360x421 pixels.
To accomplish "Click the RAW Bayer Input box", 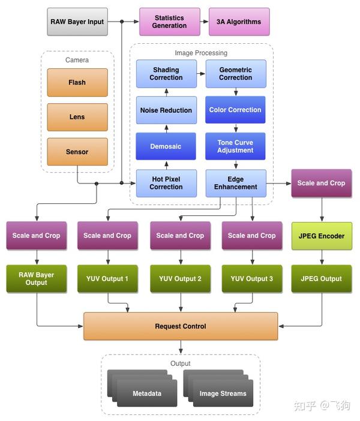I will coord(77,22).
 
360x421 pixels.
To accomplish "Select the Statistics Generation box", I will coord(169,22).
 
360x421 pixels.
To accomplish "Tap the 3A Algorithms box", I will coord(239,22).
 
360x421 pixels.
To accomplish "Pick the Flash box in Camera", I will coord(77,82).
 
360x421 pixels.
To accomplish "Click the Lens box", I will coord(77,117).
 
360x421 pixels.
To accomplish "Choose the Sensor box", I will coord(77,152).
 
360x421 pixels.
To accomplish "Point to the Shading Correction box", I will coord(166,74).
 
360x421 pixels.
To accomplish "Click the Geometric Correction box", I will coord(235,74).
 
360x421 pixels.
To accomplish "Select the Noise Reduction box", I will coord(166,110).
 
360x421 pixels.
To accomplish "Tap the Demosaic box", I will coord(166,146).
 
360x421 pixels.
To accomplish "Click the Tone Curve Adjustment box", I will coord(235,146).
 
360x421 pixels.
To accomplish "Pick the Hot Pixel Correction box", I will coord(166,183).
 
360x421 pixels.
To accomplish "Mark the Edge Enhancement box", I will coord(235,183).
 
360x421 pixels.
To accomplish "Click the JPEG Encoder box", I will coord(321,236).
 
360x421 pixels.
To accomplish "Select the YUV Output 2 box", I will coord(180,278).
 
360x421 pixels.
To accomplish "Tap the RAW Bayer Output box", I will coord(37,278).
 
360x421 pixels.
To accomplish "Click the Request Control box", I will coord(180,326).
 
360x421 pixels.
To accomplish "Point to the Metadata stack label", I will coord(147,394).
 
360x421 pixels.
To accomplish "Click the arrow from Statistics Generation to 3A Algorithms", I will coord(204,22).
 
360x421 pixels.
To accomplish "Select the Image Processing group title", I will coord(201,53).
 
